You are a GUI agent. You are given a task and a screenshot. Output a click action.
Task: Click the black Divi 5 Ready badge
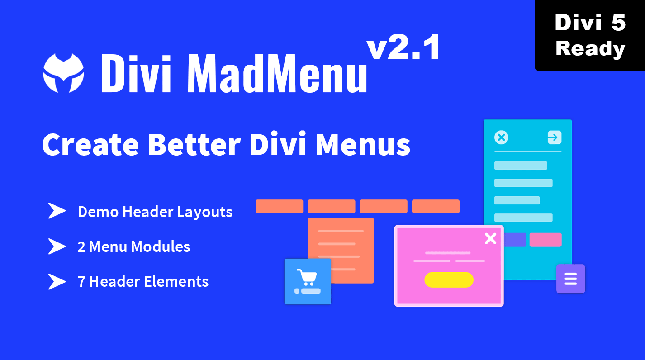590,35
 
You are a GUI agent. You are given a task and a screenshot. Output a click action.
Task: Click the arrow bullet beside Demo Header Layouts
57,211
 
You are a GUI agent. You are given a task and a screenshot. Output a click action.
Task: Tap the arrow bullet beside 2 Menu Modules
57,246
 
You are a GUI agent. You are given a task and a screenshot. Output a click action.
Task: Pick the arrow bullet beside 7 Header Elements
57,281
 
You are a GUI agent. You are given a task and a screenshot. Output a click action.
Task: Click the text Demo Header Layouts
155,212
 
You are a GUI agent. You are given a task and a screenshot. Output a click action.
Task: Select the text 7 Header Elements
143,281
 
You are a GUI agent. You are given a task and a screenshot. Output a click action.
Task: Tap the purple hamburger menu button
570,279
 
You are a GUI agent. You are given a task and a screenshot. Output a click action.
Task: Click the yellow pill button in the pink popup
449,279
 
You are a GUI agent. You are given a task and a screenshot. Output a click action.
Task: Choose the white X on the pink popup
490,238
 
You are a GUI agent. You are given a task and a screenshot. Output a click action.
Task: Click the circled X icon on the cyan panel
502,137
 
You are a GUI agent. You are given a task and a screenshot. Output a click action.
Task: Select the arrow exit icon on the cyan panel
554,137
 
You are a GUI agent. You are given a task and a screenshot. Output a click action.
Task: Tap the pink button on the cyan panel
545,240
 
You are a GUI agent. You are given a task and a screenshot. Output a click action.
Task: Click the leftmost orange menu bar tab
279,206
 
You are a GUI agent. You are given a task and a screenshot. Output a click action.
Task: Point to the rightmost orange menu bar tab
436,206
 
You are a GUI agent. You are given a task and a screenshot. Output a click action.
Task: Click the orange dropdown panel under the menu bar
341,240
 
